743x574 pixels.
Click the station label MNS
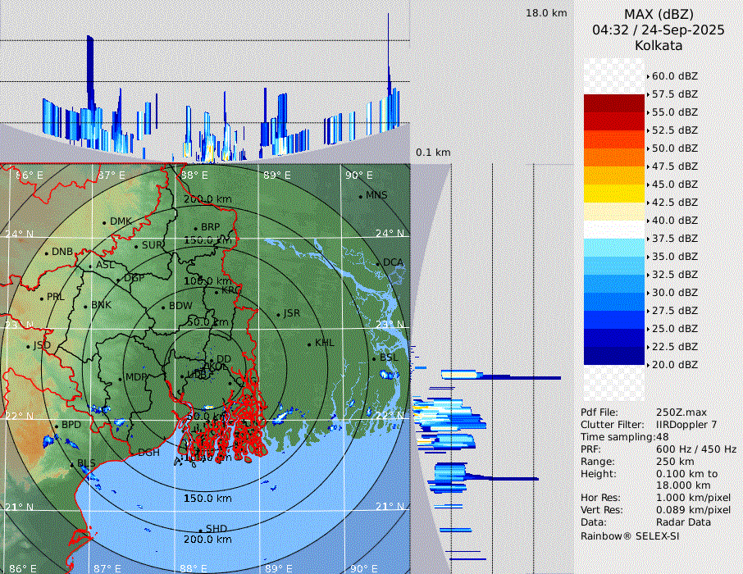[x=376, y=195]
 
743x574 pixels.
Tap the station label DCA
[x=394, y=262]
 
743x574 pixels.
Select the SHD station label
[x=217, y=529]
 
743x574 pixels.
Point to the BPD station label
[x=72, y=426]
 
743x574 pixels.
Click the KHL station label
[x=325, y=343]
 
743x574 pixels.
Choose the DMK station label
[x=121, y=221]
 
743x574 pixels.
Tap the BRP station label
[x=211, y=227]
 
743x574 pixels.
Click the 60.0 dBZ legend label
[x=674, y=76]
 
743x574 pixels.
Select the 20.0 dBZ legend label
[x=674, y=365]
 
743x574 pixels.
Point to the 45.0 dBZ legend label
[x=674, y=184]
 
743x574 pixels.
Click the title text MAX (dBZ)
[x=659, y=14]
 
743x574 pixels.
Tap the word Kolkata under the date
[x=659, y=45]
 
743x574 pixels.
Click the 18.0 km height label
[x=546, y=13]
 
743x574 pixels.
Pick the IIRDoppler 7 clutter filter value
[x=686, y=425]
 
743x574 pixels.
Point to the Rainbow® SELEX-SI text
[x=630, y=535]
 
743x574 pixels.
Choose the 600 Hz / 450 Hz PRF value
[x=696, y=449]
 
